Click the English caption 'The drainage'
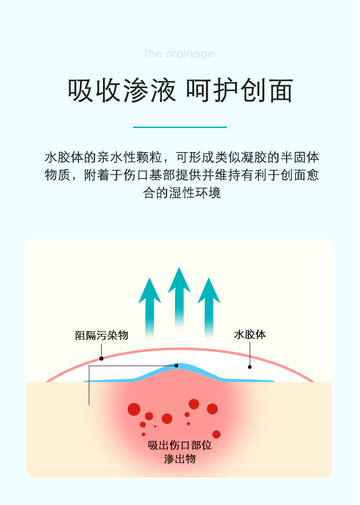tap(179, 54)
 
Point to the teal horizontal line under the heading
tap(180, 127)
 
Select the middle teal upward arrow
tap(179, 296)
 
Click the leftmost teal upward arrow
tap(149, 307)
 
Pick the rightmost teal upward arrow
tap(209, 307)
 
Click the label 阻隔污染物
tap(102, 336)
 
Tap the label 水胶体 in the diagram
tap(250, 335)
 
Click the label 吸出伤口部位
tap(180, 445)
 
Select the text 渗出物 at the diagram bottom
tap(180, 459)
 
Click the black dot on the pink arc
tap(101, 358)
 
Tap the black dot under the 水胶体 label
tap(250, 367)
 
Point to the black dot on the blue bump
tap(176, 365)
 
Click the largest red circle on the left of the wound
tap(134, 409)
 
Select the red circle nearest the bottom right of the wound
tap(216, 434)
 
